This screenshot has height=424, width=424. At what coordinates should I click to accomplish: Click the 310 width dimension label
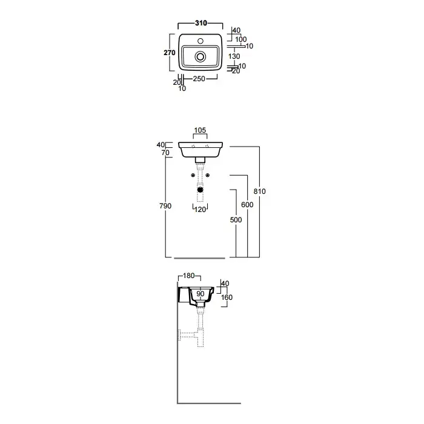[201, 23]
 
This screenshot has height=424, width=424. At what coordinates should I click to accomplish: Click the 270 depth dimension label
[170, 53]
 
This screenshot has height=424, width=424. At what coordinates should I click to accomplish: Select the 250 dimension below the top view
[199, 79]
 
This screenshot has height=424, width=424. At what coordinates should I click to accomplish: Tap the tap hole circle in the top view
[200, 41]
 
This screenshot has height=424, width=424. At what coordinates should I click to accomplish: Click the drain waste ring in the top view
[200, 57]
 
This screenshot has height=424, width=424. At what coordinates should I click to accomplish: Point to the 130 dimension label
[234, 56]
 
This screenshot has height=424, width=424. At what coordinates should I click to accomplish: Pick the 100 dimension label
[240, 39]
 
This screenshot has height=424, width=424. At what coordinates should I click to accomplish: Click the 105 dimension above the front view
[200, 130]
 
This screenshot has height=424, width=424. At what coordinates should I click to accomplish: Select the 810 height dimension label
[260, 191]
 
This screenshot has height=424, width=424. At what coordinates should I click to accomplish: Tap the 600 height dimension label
[247, 205]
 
